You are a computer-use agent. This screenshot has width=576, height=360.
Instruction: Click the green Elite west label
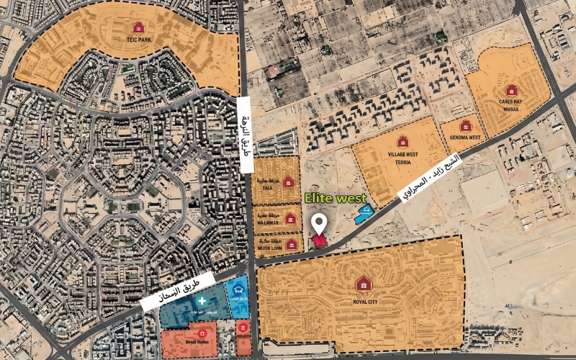(x=335, y=197)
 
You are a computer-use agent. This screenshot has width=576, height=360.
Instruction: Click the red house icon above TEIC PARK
(x=138, y=28)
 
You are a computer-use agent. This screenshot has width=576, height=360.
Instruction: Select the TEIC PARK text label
(x=138, y=40)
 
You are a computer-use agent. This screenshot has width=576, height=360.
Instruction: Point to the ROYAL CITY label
(x=364, y=302)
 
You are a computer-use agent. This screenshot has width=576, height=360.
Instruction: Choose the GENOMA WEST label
(x=465, y=136)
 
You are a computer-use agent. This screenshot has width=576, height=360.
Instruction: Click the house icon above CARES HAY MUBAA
(x=511, y=90)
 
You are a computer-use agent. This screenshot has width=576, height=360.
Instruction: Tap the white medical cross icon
(x=202, y=300)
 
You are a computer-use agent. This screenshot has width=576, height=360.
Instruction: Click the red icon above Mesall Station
(x=202, y=333)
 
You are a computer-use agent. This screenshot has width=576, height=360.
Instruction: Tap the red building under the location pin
(x=319, y=244)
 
